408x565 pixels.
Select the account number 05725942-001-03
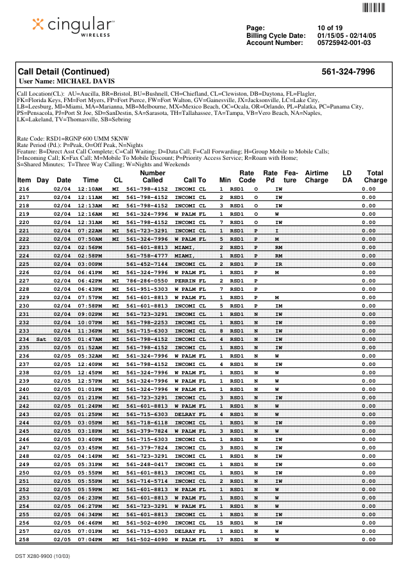tap(344, 43)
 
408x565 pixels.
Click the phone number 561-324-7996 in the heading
tap(348, 72)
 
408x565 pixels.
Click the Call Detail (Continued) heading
tap(64, 72)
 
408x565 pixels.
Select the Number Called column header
tap(152, 177)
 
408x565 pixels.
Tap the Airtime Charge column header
tap(316, 177)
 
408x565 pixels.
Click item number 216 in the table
tap(24, 189)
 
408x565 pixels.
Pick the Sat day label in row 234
tap(42, 338)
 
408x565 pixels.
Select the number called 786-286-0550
tap(147, 281)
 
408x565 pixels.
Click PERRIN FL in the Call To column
tap(190, 281)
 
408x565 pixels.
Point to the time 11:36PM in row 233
tap(90, 331)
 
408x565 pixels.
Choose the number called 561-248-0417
tap(147, 464)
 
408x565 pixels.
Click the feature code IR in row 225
tap(278, 264)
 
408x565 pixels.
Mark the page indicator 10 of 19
tap(330, 28)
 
